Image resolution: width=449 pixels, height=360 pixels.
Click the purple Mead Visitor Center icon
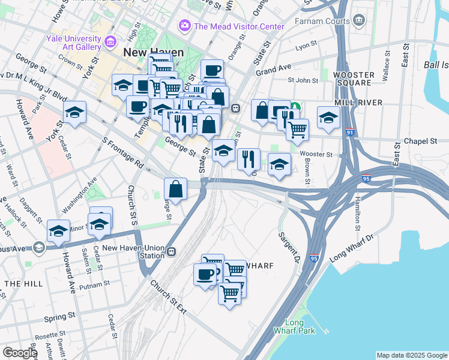[184, 26]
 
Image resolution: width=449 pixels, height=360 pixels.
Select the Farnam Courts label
[322, 22]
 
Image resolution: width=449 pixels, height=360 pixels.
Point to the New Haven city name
[153, 53]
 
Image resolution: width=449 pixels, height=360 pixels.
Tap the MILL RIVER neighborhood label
[359, 103]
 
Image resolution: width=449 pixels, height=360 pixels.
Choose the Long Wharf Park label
[294, 326]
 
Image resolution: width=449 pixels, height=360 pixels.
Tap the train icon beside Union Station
[172, 251]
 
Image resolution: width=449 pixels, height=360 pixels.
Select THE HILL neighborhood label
[22, 283]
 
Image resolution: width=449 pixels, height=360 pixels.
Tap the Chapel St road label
[421, 141]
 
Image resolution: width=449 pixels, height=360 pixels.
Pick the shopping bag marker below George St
[175, 189]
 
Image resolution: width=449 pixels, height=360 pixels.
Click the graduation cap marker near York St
[74, 112]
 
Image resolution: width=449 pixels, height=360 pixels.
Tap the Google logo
[20, 353]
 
